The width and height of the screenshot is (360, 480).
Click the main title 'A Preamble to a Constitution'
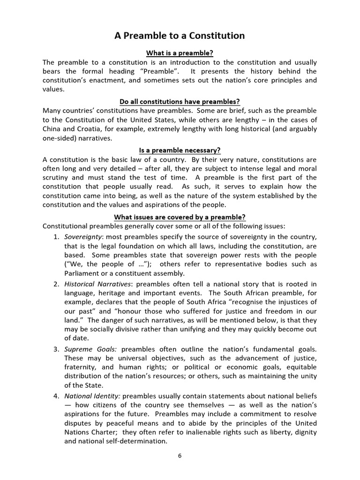click(180, 36)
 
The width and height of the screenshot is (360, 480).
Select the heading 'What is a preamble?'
click(180, 53)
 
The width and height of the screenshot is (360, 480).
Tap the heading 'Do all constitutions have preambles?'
click(180, 102)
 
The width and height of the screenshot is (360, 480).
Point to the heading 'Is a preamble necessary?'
click(180, 150)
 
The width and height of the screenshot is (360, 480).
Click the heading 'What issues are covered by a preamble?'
click(180, 217)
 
